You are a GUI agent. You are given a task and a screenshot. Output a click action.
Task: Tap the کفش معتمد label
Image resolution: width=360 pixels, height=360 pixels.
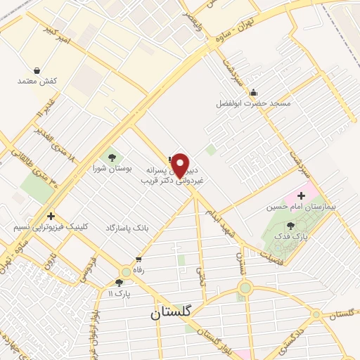36,82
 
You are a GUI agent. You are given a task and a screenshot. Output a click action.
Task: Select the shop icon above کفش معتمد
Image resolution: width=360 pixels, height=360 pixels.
36,70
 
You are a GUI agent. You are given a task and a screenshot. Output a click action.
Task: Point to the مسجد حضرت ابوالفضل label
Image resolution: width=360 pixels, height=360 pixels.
252,103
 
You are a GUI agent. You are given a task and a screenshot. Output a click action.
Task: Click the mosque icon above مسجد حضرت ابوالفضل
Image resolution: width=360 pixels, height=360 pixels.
253,91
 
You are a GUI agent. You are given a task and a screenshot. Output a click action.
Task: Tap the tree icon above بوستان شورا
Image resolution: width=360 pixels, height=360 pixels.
112,157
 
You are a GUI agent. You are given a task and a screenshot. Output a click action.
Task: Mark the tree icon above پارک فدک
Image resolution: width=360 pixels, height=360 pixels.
291,225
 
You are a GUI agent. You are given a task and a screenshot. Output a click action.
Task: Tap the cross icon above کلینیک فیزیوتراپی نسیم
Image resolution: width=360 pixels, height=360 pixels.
50,216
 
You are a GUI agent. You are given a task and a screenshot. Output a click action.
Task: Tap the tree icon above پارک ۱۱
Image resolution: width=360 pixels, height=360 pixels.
119,283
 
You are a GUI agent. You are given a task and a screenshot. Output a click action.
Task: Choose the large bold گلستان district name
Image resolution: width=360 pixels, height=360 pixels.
174,314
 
